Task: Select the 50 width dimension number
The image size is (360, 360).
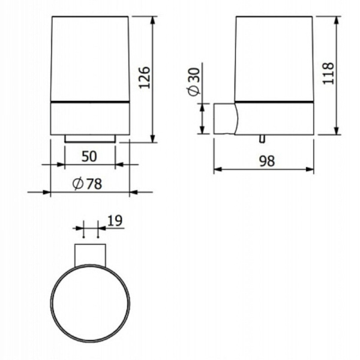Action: (x=89, y=156)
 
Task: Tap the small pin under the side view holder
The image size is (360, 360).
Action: (x=261, y=140)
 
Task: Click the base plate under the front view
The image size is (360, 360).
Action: (x=89, y=139)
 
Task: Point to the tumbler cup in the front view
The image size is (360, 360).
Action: (x=89, y=57)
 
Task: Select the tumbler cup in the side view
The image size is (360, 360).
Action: (x=274, y=57)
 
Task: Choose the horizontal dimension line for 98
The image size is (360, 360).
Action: (x=264, y=169)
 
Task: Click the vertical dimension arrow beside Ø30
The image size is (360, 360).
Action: (x=203, y=119)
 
